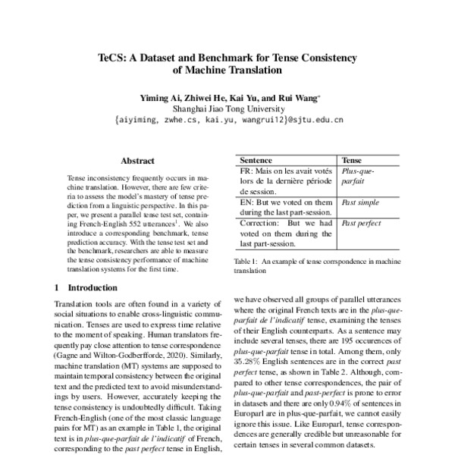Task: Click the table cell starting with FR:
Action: click(286, 183)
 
